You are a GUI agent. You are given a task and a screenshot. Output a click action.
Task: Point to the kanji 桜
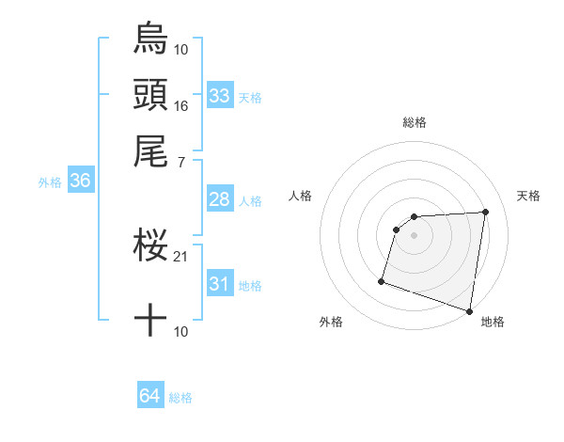[x=150, y=246]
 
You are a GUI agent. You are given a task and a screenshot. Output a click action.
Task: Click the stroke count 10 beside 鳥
[x=181, y=49]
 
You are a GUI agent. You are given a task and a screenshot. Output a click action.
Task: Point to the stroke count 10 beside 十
[x=181, y=332]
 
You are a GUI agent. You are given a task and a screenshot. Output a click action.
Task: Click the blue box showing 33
[x=220, y=96]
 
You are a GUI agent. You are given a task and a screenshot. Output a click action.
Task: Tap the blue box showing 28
[x=220, y=200]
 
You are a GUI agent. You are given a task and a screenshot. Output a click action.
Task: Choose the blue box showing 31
[x=220, y=285]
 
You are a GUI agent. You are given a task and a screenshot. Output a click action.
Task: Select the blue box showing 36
[x=79, y=182]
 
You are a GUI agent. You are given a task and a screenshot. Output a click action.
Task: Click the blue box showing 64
[x=150, y=397]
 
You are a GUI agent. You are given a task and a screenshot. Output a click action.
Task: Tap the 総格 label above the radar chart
[x=415, y=122]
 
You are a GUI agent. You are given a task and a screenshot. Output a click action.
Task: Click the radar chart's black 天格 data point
[x=485, y=213]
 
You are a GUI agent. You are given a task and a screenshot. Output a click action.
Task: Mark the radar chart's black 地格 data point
[x=469, y=310]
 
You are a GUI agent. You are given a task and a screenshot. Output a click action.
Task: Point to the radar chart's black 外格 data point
[x=382, y=280]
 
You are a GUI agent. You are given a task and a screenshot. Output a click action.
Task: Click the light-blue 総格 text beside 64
[x=180, y=398]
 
